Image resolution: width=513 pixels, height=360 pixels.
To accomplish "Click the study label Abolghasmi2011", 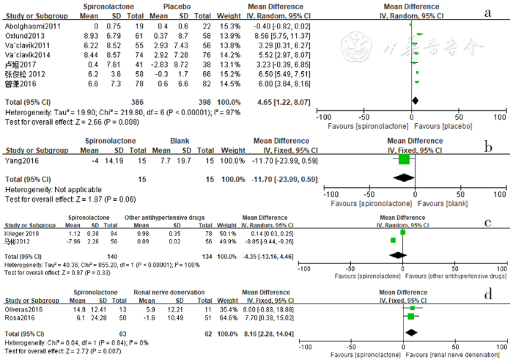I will tap(28, 26).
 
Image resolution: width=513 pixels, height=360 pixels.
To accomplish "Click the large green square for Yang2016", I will tap(405, 159).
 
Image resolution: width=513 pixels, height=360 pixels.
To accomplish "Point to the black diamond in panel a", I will tap(416, 100).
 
